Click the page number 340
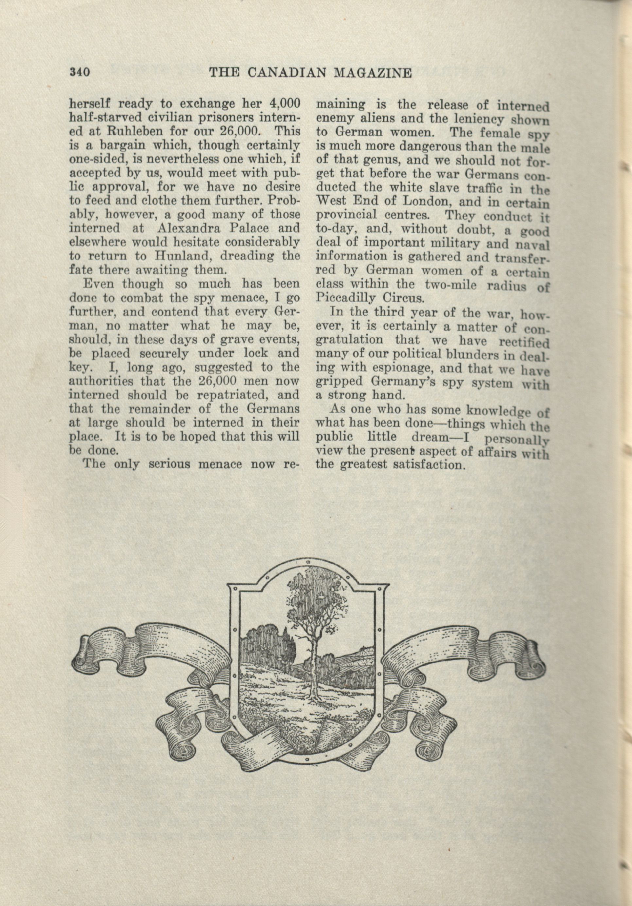point(80,72)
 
